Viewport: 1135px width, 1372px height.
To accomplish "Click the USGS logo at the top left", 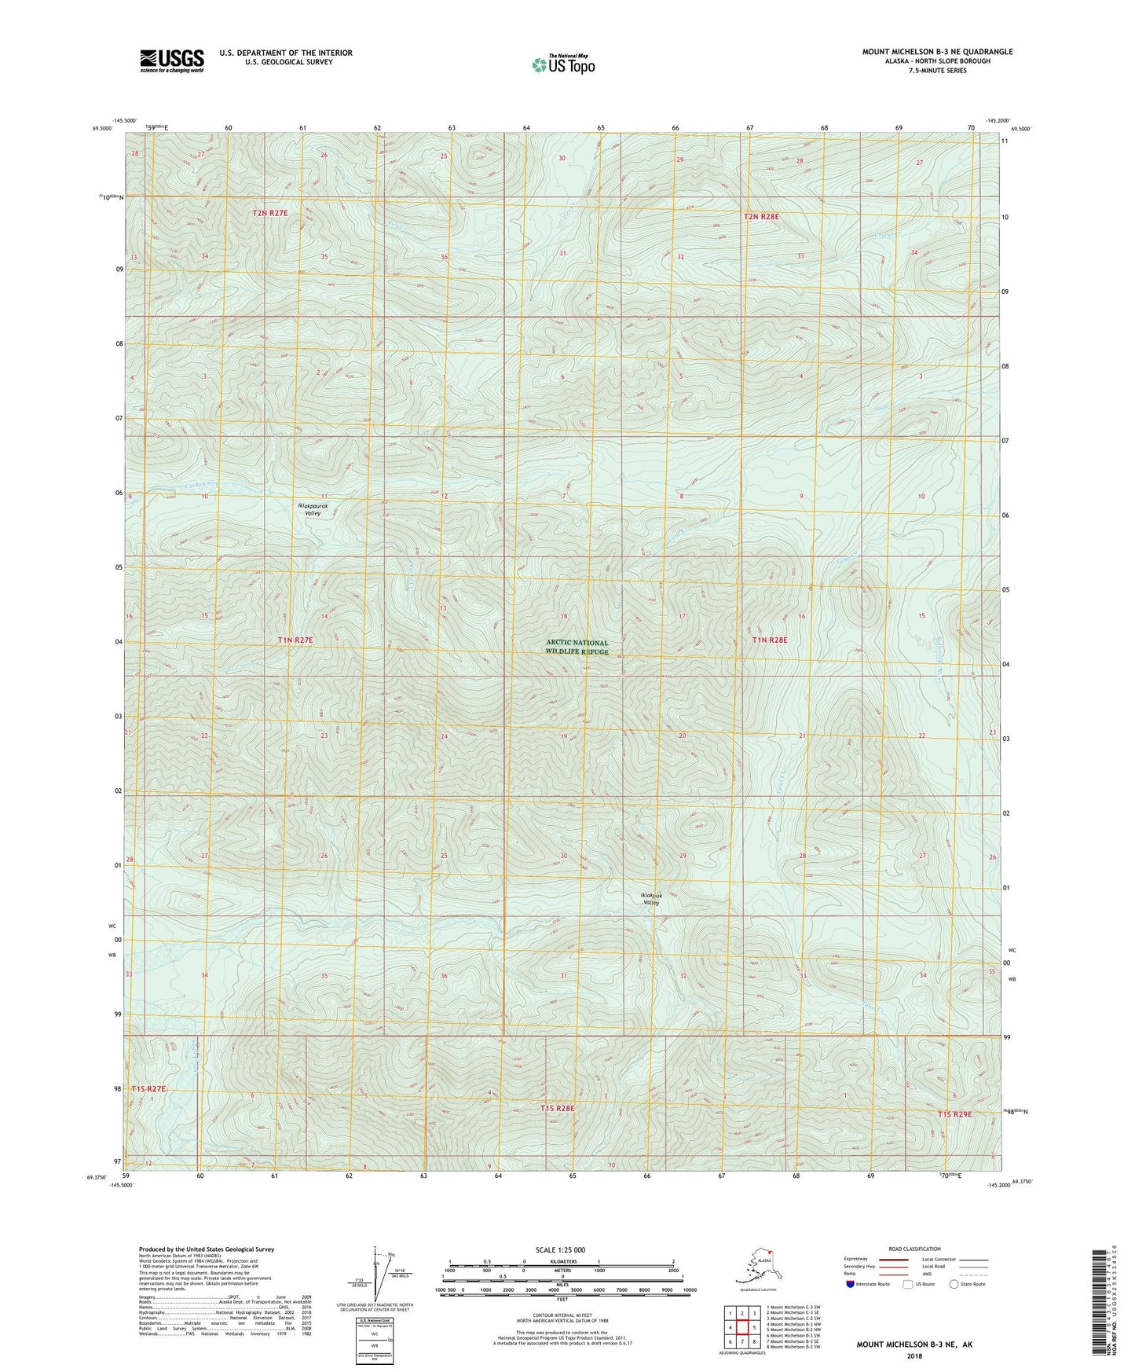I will point(172,61).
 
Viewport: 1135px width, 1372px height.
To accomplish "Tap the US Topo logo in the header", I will point(562,64).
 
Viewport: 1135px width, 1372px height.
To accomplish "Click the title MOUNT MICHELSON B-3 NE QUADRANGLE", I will point(937,52).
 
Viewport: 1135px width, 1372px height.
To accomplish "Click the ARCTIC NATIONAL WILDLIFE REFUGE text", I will point(577,647).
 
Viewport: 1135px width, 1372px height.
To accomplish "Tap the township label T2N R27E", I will point(270,213).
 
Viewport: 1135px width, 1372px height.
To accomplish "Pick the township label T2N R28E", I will point(761,216).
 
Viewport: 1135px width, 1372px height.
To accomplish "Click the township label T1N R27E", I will point(295,640).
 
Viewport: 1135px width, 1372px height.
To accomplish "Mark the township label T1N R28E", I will point(770,640).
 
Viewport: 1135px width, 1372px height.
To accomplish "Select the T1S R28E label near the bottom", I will point(558,1108).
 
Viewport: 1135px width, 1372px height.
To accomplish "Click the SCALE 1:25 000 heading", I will point(560,1250).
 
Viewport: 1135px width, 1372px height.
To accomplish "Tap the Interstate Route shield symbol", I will point(850,1284).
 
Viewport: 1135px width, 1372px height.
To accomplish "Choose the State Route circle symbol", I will point(954,1284).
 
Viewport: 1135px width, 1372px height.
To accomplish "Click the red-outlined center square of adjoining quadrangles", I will point(741,1328).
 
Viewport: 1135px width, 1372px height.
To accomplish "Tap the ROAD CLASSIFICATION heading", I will point(914,1249).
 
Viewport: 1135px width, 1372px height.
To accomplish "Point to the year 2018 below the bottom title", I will point(913,1355).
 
